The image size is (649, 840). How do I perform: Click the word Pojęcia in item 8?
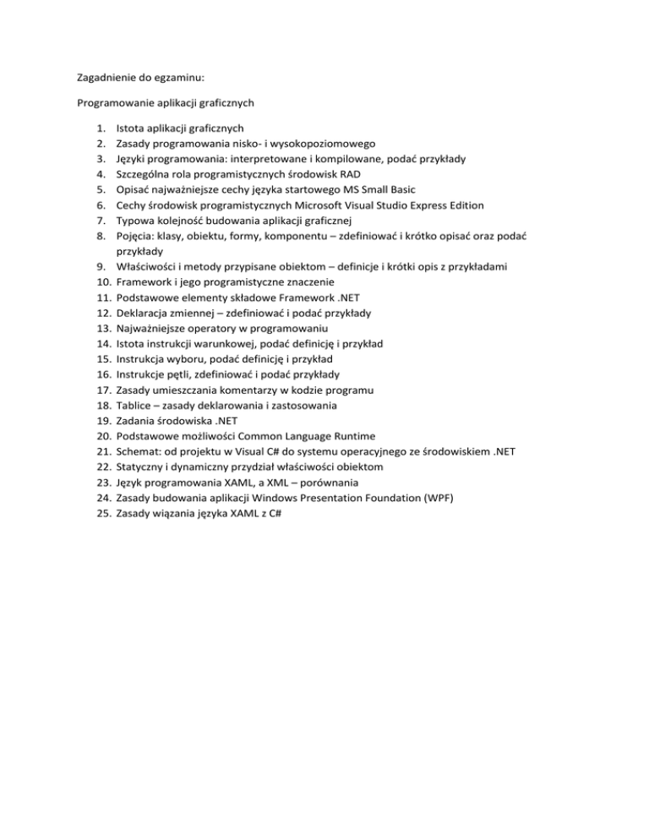(136, 236)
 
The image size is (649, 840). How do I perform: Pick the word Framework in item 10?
(145, 281)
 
